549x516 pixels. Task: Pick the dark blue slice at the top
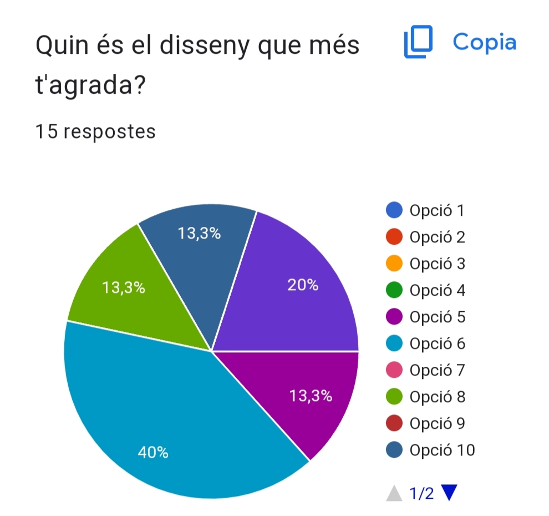[200, 250]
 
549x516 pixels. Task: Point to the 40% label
[153, 453]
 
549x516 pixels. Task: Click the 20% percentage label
[303, 285]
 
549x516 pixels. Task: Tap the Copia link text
[484, 42]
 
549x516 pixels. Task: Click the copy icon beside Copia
[418, 43]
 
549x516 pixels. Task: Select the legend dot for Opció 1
[394, 211]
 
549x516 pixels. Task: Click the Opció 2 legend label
[437, 237]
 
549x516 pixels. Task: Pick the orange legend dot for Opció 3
[394, 264]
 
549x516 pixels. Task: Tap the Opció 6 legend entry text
[437, 343]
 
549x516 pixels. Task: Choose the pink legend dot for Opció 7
[394, 370]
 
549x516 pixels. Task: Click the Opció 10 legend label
[442, 450]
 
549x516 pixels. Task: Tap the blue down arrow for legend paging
[450, 493]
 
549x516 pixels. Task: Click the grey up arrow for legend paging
[394, 493]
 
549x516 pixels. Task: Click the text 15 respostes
[95, 132]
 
